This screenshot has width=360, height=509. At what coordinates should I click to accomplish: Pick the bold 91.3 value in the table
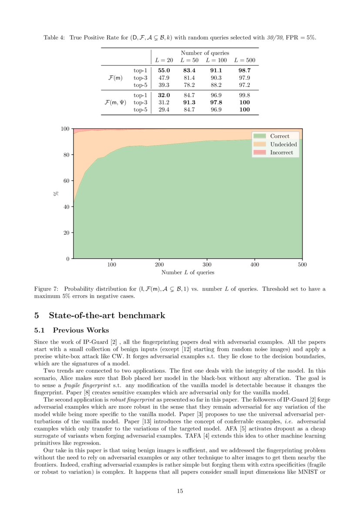[189, 102]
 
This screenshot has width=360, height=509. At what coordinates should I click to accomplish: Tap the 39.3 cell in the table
[164, 85]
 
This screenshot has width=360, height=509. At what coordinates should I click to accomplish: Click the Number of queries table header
[205, 53]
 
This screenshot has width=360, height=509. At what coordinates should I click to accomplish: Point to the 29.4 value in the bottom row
[164, 109]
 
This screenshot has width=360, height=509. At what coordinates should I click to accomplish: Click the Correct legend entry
[279, 136]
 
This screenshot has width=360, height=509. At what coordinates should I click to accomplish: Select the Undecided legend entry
[283, 144]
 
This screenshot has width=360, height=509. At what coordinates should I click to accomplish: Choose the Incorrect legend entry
[282, 152]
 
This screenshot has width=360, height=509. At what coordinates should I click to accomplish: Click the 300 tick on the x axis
[207, 264]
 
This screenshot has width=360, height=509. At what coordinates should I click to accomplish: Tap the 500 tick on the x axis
[302, 264]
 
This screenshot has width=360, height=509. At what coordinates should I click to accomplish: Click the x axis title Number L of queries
[188, 273]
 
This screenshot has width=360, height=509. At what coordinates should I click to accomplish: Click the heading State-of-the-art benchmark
[107, 315]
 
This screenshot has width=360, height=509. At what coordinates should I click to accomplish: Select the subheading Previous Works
[81, 330]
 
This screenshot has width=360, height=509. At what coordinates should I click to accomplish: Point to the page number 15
[180, 491]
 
